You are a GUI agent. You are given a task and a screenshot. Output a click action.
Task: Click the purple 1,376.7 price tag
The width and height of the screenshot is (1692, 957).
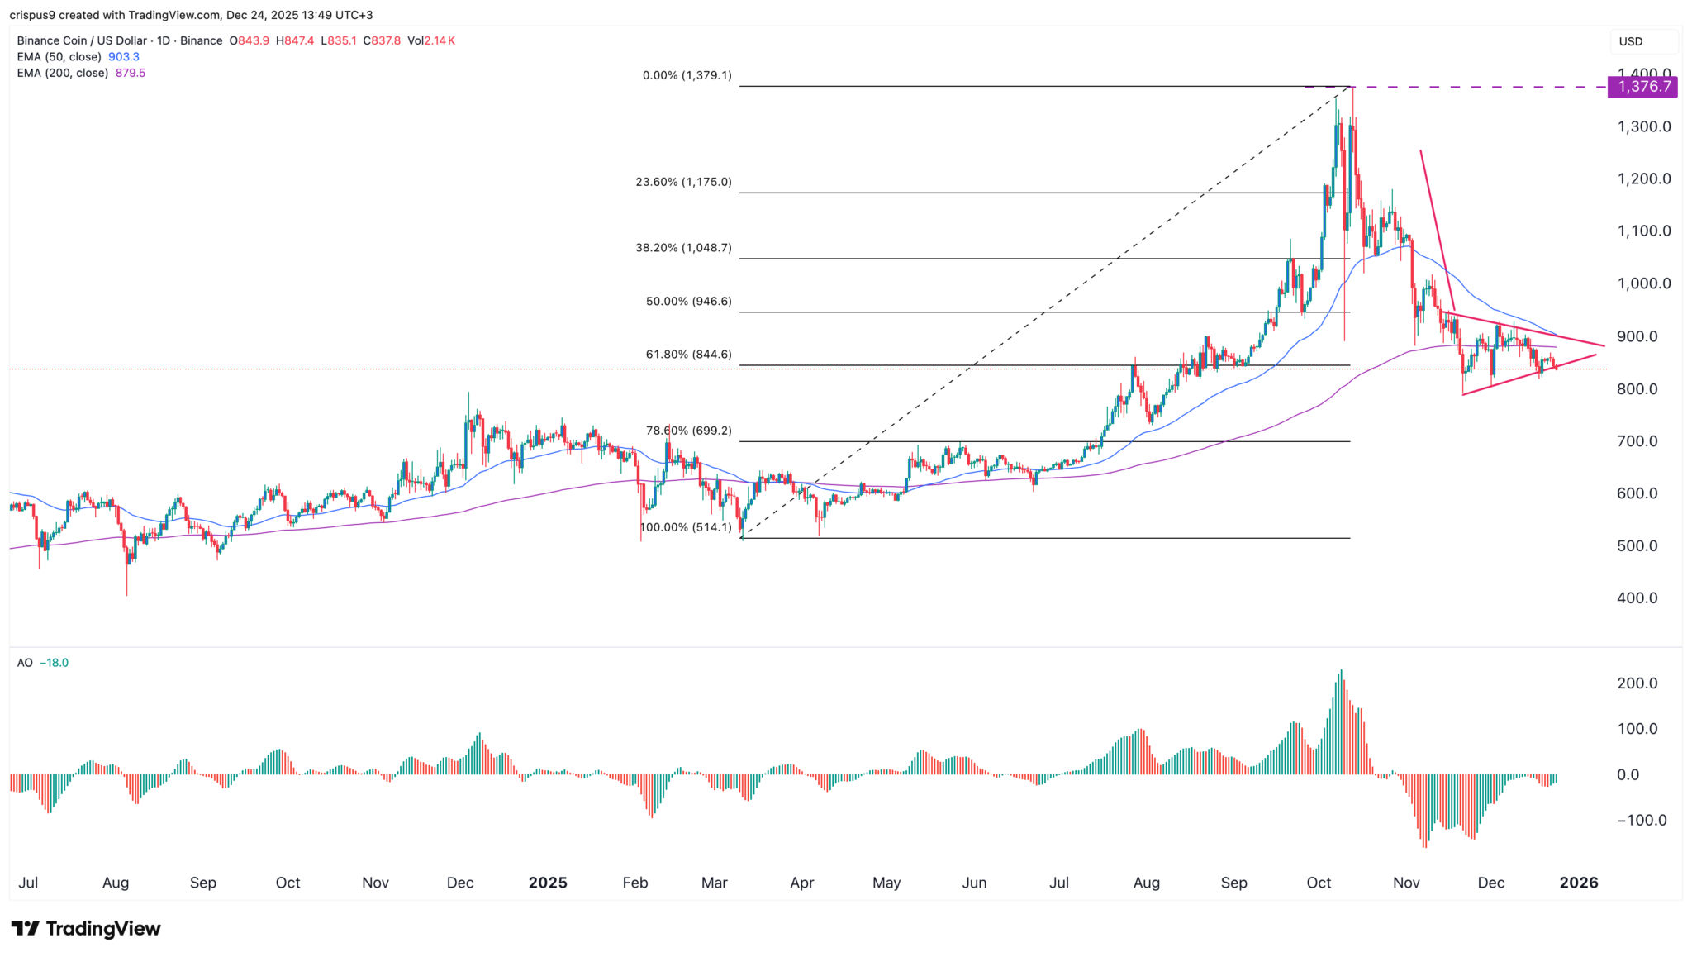(1642, 87)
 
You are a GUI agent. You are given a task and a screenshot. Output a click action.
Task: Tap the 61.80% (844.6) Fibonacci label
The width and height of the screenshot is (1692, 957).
(688, 355)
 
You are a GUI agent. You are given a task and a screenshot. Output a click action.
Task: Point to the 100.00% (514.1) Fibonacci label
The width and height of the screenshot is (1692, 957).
(686, 527)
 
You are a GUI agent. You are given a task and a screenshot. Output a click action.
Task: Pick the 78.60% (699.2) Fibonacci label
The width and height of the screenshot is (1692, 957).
(688, 431)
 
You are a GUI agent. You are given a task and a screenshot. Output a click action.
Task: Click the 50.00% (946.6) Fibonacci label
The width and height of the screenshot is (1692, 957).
(688, 302)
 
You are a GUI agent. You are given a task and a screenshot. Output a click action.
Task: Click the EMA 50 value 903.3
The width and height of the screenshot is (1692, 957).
(124, 57)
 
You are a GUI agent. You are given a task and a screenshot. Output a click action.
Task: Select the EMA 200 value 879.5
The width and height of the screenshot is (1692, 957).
(131, 73)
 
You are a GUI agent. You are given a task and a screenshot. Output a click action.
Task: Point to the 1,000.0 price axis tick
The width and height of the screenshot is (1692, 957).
(1644, 283)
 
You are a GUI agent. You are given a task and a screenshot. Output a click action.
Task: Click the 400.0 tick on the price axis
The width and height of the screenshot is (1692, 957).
(1637, 598)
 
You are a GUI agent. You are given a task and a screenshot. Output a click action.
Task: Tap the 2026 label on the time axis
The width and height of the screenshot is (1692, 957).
(1578, 883)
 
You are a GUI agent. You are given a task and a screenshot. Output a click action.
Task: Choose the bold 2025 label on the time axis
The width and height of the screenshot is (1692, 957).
(548, 883)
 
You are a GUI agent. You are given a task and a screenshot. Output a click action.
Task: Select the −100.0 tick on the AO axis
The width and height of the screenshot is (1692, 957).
(1641, 821)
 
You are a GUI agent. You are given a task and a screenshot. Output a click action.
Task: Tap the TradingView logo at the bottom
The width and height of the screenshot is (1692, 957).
(86, 929)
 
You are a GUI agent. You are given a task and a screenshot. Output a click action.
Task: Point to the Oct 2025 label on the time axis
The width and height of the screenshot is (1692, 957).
(1319, 883)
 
